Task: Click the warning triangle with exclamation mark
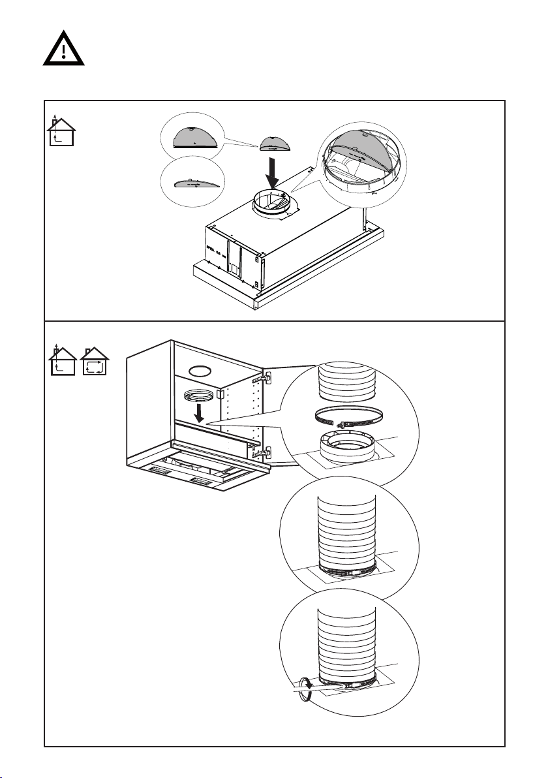pos(63,48)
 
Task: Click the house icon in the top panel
pos(62,131)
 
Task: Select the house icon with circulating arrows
pos(95,363)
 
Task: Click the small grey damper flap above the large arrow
pos(273,143)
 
